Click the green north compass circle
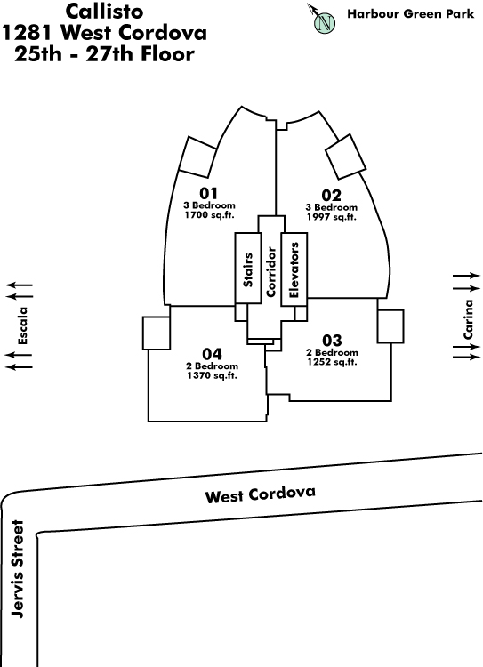click(x=326, y=22)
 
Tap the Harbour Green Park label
click(x=411, y=14)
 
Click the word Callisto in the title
click(x=105, y=12)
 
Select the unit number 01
click(x=208, y=194)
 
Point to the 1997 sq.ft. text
click(x=332, y=217)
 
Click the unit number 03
click(x=332, y=341)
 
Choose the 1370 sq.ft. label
click(x=212, y=375)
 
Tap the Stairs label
click(x=248, y=269)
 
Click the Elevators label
click(x=294, y=269)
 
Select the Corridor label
click(x=271, y=272)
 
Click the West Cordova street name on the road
click(x=261, y=494)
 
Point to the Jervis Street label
click(x=18, y=569)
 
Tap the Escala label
click(x=22, y=325)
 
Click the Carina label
click(x=468, y=319)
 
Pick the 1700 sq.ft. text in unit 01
click(x=209, y=215)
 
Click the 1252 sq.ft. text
click(x=332, y=362)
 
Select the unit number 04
click(x=212, y=354)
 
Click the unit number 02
click(x=332, y=196)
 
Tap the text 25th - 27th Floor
click(x=105, y=54)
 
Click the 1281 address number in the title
click(x=28, y=33)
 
